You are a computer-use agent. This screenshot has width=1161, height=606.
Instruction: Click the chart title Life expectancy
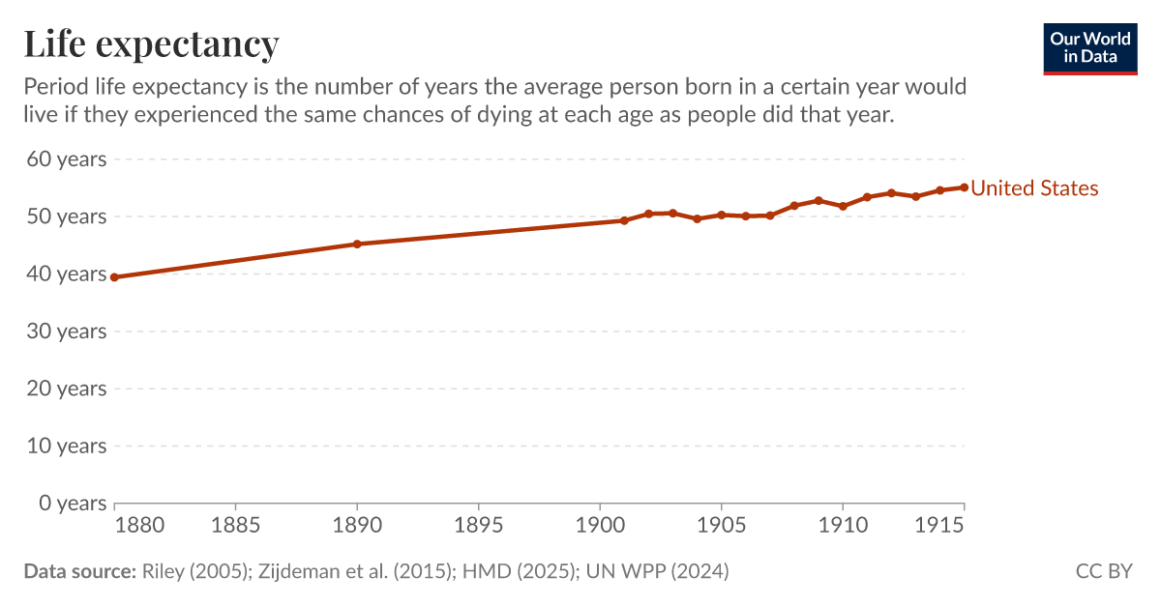click(x=151, y=43)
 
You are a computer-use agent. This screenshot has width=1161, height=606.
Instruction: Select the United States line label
click(x=1034, y=188)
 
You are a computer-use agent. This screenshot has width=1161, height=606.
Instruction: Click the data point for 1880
click(x=114, y=277)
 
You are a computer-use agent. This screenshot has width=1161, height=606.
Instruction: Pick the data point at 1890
click(x=357, y=244)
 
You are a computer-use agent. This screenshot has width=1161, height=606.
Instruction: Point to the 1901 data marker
click(x=624, y=220)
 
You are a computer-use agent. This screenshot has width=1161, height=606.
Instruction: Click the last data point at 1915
click(x=964, y=188)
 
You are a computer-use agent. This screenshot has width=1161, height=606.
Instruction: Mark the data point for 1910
click(x=843, y=206)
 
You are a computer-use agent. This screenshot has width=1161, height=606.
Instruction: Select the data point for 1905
click(x=721, y=215)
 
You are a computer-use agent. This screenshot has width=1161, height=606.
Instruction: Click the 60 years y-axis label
click(x=66, y=159)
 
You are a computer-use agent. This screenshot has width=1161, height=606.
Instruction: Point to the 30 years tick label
click(x=66, y=332)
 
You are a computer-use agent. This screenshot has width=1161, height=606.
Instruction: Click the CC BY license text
click(x=1104, y=571)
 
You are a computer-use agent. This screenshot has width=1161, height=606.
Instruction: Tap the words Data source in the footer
click(x=79, y=571)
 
